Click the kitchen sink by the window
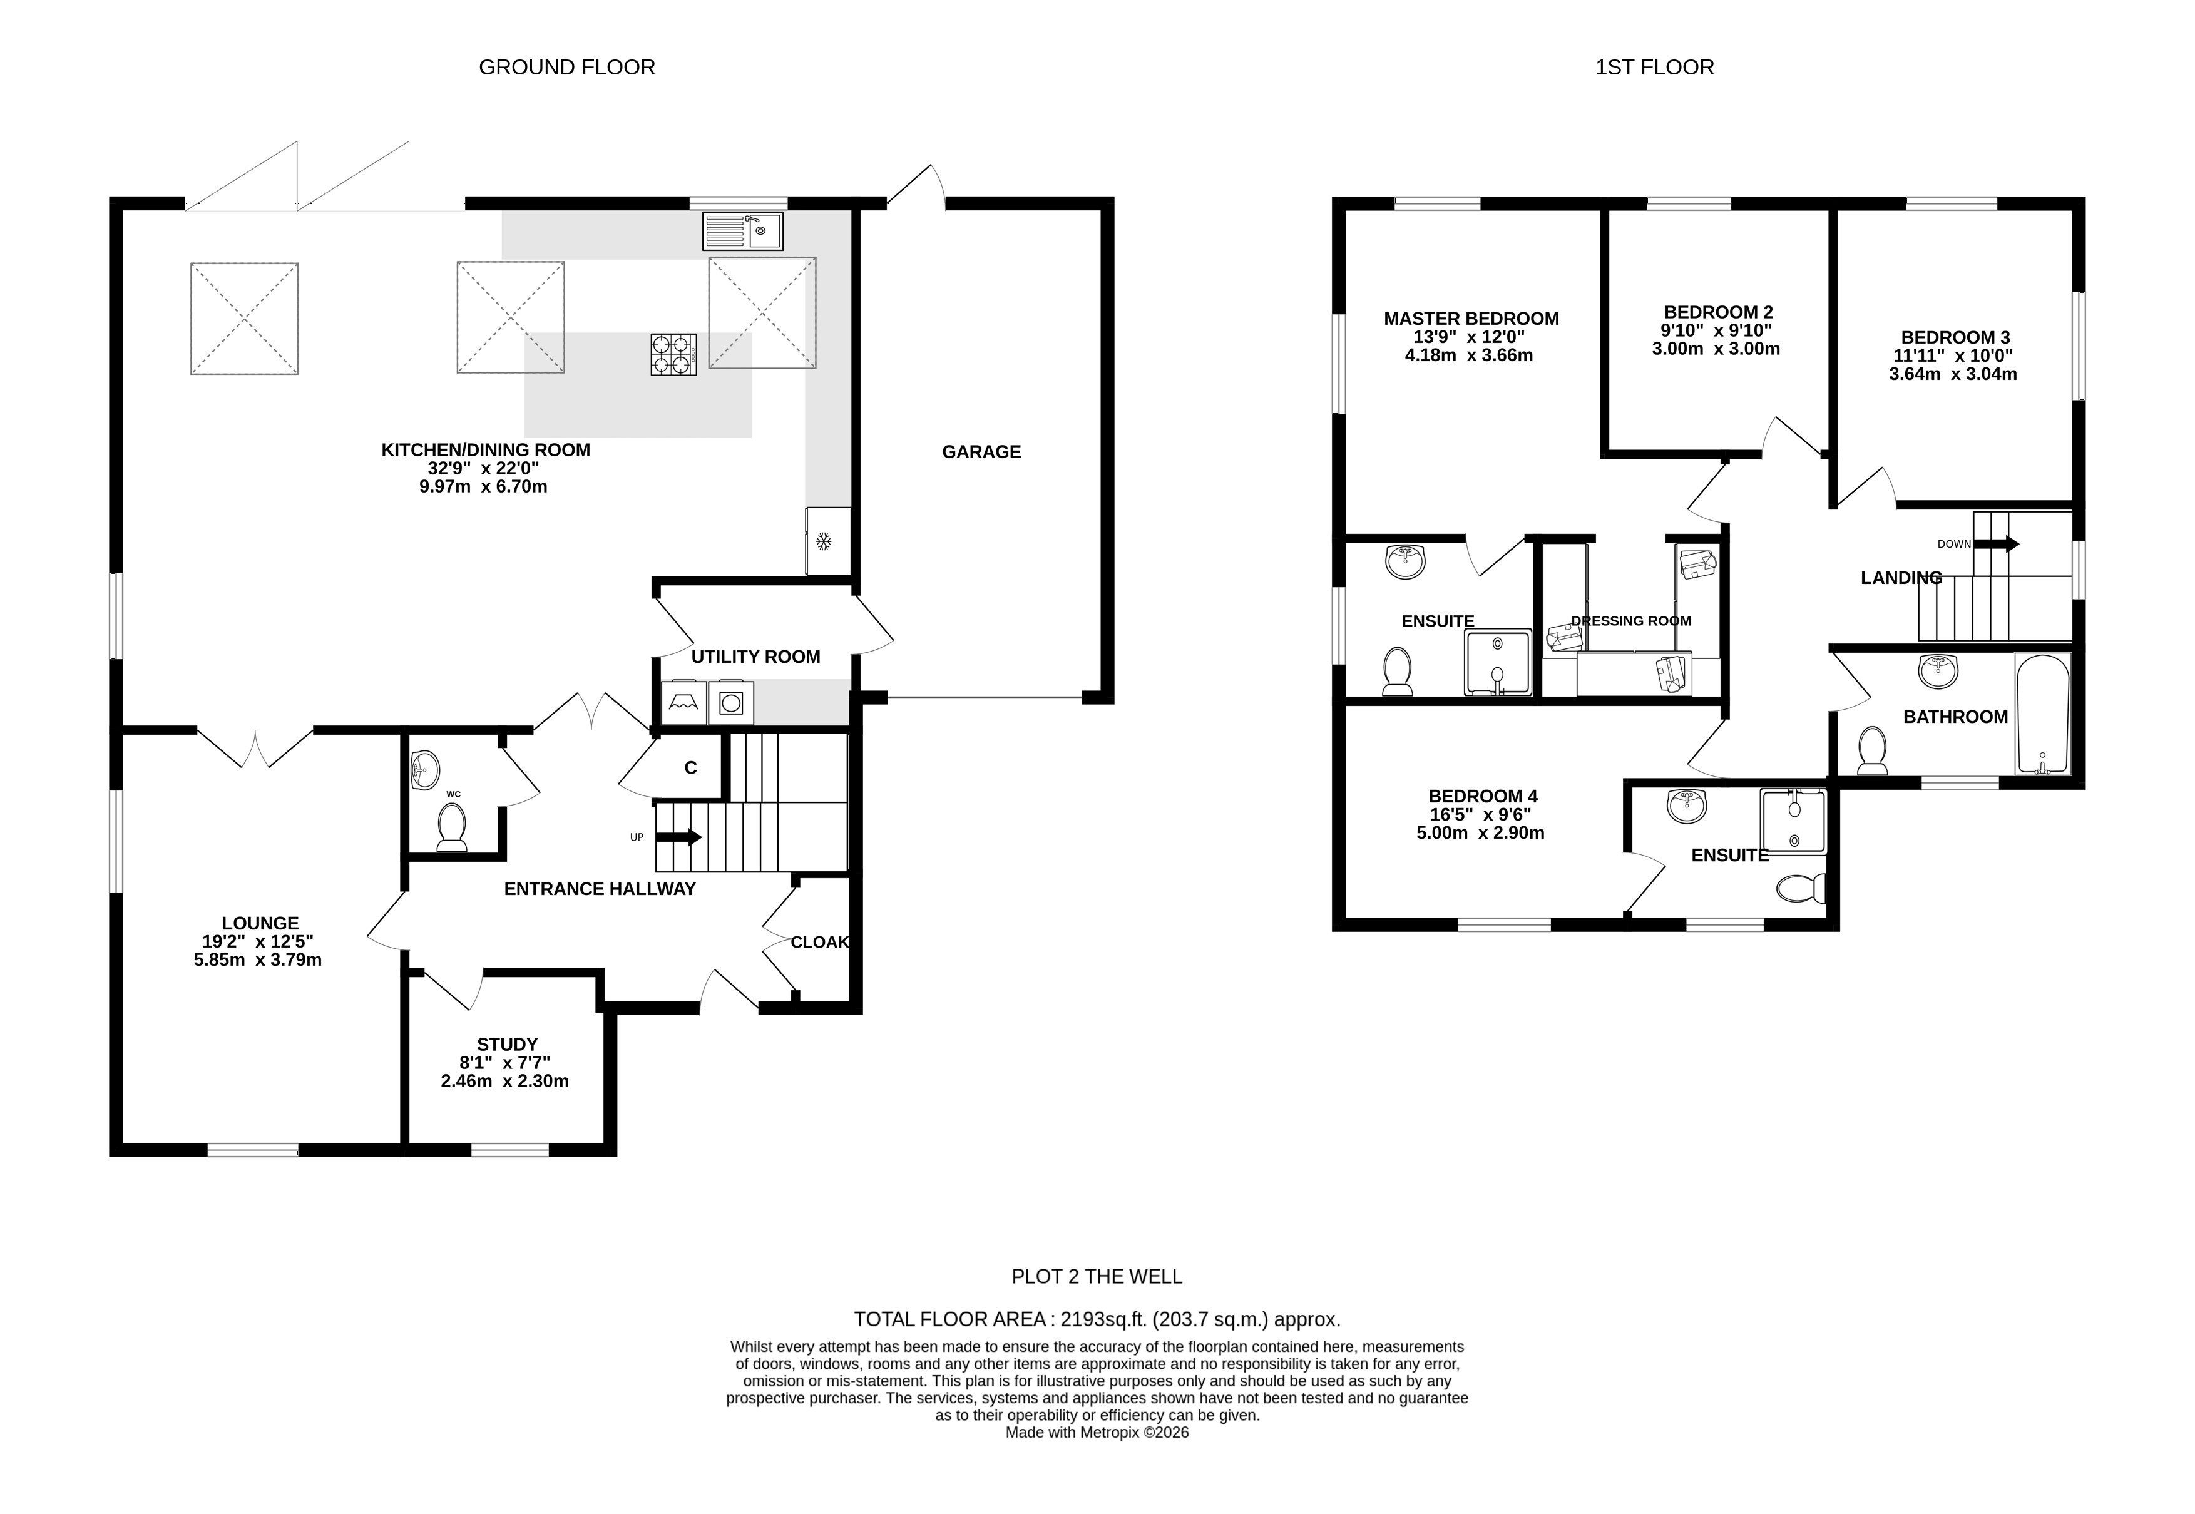[x=743, y=230]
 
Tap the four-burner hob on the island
[x=673, y=354]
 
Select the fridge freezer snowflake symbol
[x=824, y=541]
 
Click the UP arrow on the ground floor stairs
[x=679, y=837]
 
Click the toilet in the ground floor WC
[x=451, y=828]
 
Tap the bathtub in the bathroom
[x=2042, y=714]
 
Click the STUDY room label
[x=508, y=1045]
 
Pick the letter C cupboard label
[x=690, y=767]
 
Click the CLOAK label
[x=819, y=942]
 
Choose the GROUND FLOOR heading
[x=567, y=68]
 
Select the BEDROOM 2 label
[x=1719, y=312]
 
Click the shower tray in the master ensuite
[x=1498, y=662]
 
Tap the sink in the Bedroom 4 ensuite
[x=1687, y=806]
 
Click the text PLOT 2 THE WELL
[x=1098, y=1277]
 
